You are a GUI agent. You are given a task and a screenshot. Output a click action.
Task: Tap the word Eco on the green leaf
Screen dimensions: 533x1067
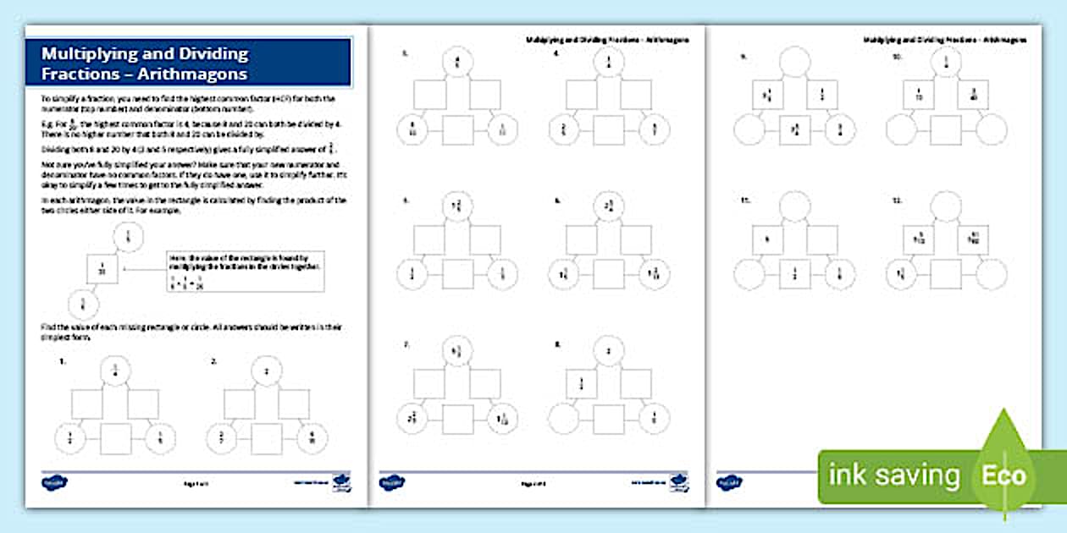(1003, 475)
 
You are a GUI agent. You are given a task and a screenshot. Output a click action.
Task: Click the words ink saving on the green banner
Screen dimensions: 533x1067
(893, 475)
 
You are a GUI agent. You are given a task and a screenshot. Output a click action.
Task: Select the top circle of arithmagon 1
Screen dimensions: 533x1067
(114, 370)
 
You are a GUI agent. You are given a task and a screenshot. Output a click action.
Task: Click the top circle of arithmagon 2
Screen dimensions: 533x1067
(267, 370)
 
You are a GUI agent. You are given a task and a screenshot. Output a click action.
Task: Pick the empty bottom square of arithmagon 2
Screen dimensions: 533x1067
(268, 437)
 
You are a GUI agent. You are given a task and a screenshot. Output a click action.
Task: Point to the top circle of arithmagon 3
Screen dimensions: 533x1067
(457, 63)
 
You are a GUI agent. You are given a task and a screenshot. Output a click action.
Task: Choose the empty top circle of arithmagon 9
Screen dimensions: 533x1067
(795, 62)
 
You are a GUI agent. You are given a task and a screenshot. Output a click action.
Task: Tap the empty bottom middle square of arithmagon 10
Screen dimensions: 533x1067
(946, 129)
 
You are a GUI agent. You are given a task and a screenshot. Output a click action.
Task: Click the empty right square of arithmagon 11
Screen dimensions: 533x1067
(821, 239)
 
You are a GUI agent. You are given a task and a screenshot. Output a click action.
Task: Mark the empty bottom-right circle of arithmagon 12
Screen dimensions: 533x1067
(991, 274)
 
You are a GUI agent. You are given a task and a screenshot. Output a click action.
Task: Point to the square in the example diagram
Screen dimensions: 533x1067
(102, 271)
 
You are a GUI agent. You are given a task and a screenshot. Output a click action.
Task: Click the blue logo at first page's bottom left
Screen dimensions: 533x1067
(57, 483)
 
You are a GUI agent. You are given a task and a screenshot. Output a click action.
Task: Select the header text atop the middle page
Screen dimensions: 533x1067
(607, 39)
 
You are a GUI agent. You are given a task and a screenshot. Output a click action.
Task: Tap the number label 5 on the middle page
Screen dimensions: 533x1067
(405, 201)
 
